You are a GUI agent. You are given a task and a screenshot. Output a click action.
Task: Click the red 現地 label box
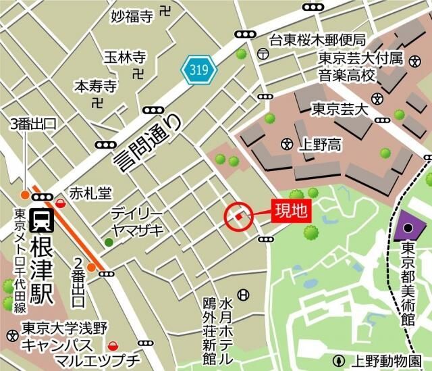pos(290,211)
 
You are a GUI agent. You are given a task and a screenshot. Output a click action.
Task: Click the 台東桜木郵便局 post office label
pos(317,40)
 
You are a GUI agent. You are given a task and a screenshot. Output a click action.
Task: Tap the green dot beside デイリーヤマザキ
pos(109,242)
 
